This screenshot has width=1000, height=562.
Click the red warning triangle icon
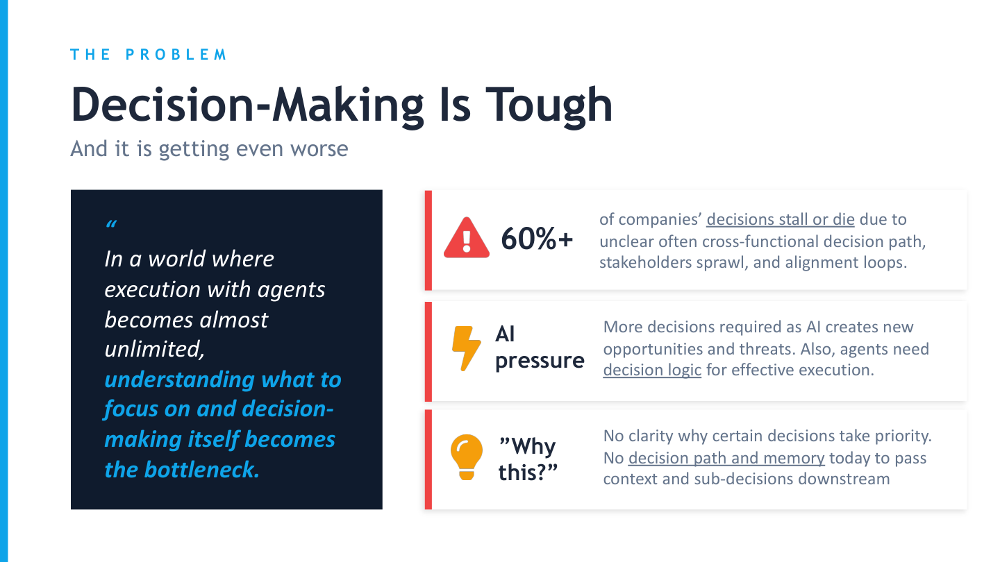point(467,238)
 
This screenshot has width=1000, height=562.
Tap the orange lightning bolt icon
point(466,348)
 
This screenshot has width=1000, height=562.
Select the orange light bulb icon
point(466,456)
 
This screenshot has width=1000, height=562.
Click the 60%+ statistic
point(537,239)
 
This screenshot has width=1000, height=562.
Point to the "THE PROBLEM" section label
point(149,55)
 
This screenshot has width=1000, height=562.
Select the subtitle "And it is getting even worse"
point(209,149)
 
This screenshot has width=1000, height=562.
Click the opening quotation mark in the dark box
point(110,225)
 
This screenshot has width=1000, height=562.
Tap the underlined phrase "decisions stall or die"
point(780,220)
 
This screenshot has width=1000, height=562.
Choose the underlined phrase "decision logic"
point(652,370)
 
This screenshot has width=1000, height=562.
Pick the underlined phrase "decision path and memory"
point(726,458)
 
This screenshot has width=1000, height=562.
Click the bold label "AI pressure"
point(539,348)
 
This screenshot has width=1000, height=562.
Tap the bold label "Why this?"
point(528,459)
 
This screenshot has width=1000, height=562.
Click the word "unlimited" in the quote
point(154,350)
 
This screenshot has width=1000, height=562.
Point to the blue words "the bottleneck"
point(182,470)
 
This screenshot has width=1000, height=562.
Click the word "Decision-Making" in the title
point(247,105)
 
